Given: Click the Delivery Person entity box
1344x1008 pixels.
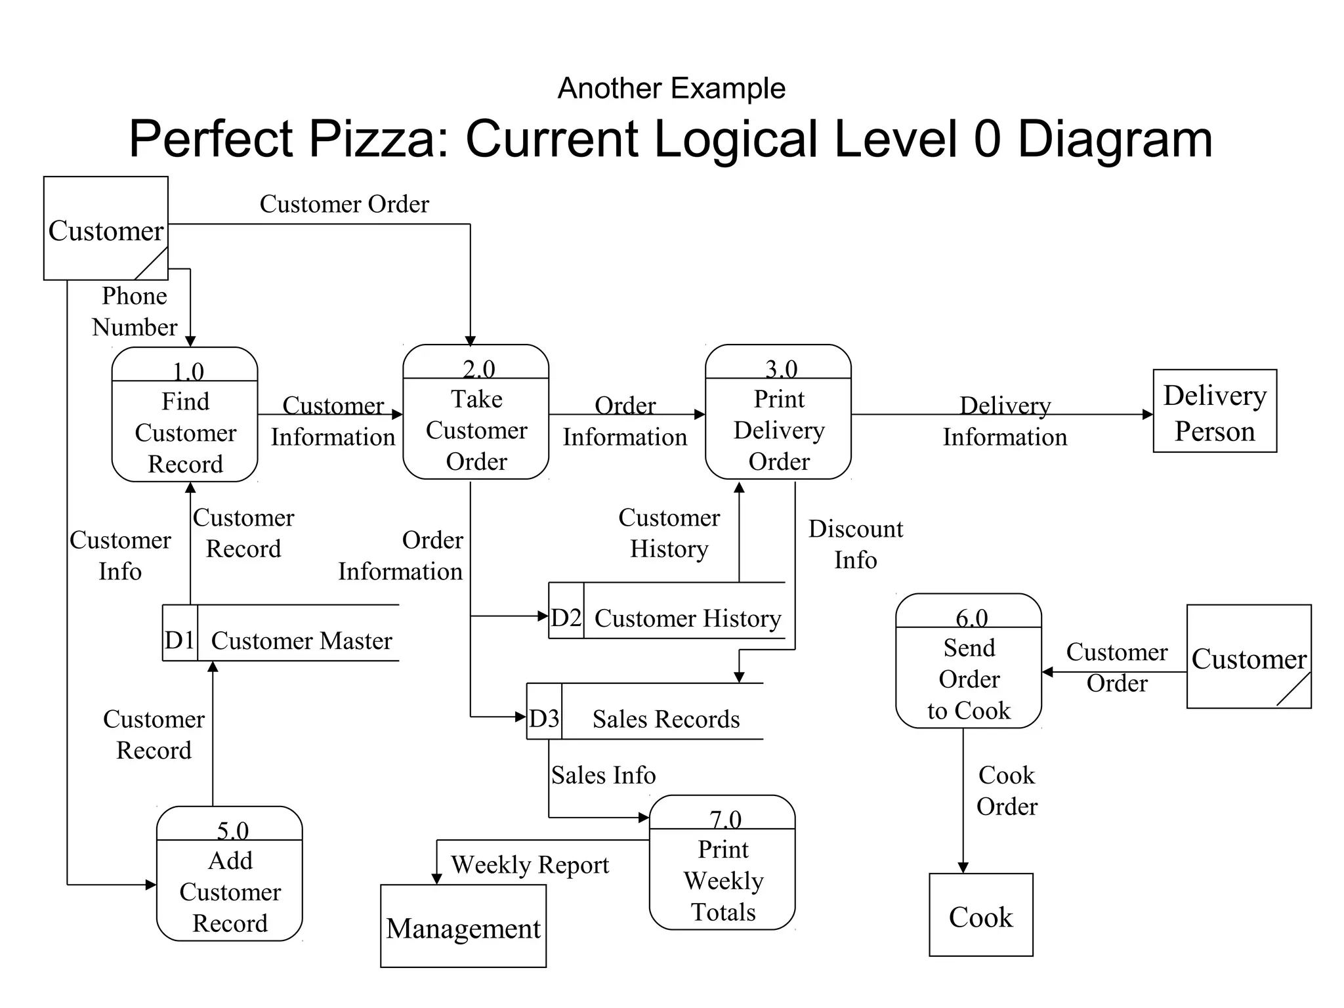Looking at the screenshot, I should pos(1214,411).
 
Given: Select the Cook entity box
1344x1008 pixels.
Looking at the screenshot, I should pos(980,915).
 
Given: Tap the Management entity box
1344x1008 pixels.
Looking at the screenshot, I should pos(463,926).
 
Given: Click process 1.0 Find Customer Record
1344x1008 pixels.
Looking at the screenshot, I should pos(184,415).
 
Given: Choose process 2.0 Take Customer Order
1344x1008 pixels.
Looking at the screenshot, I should pos(476,413).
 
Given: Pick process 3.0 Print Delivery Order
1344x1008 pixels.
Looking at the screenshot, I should pos(778,413).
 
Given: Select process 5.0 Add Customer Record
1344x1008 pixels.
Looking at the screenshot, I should pos(229,874).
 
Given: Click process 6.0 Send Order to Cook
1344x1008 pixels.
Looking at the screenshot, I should pos(969,661).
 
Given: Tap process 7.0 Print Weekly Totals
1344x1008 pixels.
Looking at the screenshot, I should pos(722,863).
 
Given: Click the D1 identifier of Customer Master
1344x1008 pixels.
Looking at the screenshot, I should pos(180,640).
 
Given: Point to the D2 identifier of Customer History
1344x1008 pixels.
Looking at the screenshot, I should pos(566,618).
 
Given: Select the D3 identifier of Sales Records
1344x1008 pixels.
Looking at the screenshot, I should pos(544,719).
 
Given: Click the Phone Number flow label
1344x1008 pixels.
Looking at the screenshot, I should pos(135,311).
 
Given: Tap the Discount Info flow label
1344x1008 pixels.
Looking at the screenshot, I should pos(855,544).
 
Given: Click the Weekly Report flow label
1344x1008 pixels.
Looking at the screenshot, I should pos(530,864).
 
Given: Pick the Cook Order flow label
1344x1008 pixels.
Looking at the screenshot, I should pos(1006,791).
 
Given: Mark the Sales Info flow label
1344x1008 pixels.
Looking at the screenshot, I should pos(603,775).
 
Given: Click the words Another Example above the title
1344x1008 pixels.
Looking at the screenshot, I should pos(671,88).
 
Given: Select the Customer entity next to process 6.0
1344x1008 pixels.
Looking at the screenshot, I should pos(1248,657).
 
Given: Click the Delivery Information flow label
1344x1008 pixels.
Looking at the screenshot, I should pos(1005,421).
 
